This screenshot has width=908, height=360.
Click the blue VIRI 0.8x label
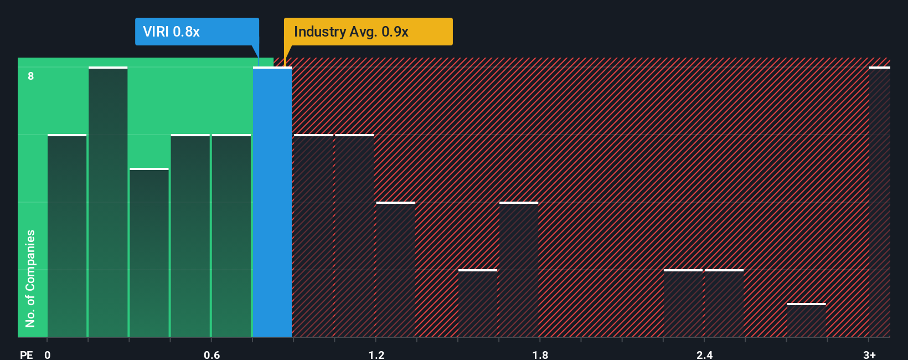(x=197, y=32)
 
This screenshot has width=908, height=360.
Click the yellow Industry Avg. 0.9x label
(x=368, y=32)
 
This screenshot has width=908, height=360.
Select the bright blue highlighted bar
(x=272, y=202)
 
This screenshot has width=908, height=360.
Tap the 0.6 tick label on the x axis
(x=211, y=354)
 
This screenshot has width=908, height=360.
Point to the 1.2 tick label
(x=376, y=354)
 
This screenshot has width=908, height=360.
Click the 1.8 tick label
(x=540, y=354)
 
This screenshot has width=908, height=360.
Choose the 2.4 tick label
(x=704, y=354)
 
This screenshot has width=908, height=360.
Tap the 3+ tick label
(x=869, y=354)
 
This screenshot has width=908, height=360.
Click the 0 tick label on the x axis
(x=48, y=354)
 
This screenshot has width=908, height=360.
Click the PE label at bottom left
(x=26, y=354)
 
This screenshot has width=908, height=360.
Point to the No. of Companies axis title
(x=30, y=278)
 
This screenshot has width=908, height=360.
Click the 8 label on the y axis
(x=31, y=76)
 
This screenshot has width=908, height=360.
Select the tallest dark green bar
(x=108, y=202)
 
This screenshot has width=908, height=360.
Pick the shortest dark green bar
(x=149, y=253)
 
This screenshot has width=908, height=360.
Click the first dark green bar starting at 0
(x=67, y=236)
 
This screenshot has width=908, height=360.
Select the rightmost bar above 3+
(x=879, y=202)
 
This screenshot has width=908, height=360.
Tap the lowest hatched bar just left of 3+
(x=806, y=320)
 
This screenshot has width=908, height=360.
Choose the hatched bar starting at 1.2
(x=395, y=270)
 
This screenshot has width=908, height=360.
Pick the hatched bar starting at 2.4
(x=724, y=304)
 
